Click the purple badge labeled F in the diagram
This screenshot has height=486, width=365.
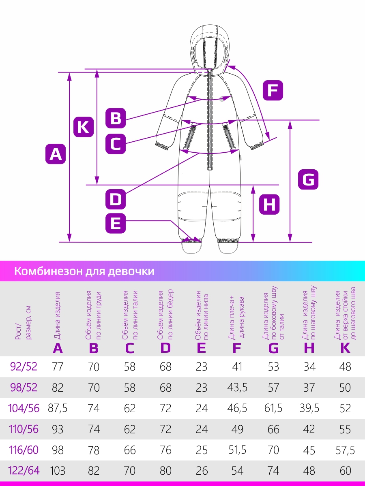(273, 90)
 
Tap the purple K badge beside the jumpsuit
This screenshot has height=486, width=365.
(84, 127)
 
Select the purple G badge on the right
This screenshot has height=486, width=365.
(308, 179)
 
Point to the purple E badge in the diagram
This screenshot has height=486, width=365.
(116, 224)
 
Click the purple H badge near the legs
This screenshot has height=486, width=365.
(269, 205)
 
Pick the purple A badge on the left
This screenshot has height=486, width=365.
(56, 154)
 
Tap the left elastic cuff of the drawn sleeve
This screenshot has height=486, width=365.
(162, 145)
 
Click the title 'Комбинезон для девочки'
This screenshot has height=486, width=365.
(84, 271)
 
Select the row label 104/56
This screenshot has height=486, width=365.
(24, 409)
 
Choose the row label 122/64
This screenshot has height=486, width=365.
(24, 471)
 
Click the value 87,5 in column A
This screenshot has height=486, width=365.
(58, 408)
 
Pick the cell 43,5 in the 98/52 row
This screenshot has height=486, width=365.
(237, 388)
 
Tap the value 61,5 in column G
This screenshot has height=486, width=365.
(273, 408)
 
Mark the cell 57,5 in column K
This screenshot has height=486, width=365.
(345, 450)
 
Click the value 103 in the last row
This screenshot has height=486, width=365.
(58, 471)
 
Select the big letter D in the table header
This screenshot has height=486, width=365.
(165, 348)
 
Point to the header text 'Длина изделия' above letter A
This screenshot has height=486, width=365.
(57, 316)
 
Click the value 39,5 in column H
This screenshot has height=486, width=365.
(309, 408)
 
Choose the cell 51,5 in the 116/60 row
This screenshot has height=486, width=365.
(237, 450)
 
